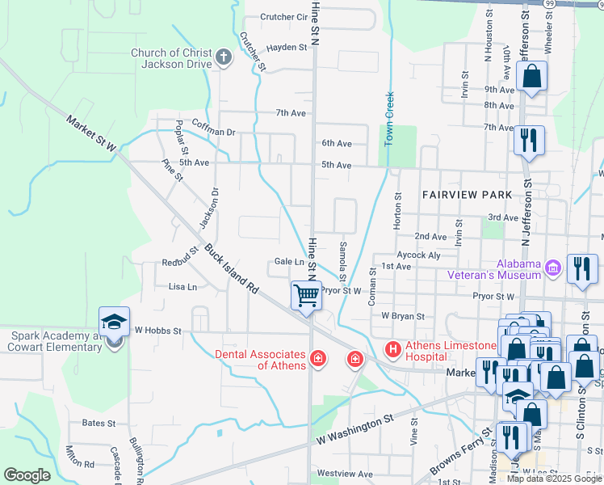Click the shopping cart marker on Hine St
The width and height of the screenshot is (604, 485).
click(306, 296)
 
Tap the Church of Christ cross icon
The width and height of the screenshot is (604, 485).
click(224, 57)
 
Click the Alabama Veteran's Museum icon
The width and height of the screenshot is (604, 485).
click(553, 267)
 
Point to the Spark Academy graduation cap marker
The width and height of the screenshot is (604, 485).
click(114, 322)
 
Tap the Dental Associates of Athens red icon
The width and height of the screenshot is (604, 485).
click(318, 358)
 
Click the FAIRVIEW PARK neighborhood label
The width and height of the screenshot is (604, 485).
click(467, 195)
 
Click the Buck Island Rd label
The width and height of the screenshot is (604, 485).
click(230, 268)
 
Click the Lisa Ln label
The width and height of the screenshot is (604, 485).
click(182, 287)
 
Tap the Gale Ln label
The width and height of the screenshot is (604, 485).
click(288, 261)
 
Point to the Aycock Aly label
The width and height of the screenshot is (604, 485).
click(419, 254)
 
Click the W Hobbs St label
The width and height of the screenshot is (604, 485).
click(158, 330)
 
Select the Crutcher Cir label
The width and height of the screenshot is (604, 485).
click(284, 17)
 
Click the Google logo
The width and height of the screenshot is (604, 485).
click(27, 474)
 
